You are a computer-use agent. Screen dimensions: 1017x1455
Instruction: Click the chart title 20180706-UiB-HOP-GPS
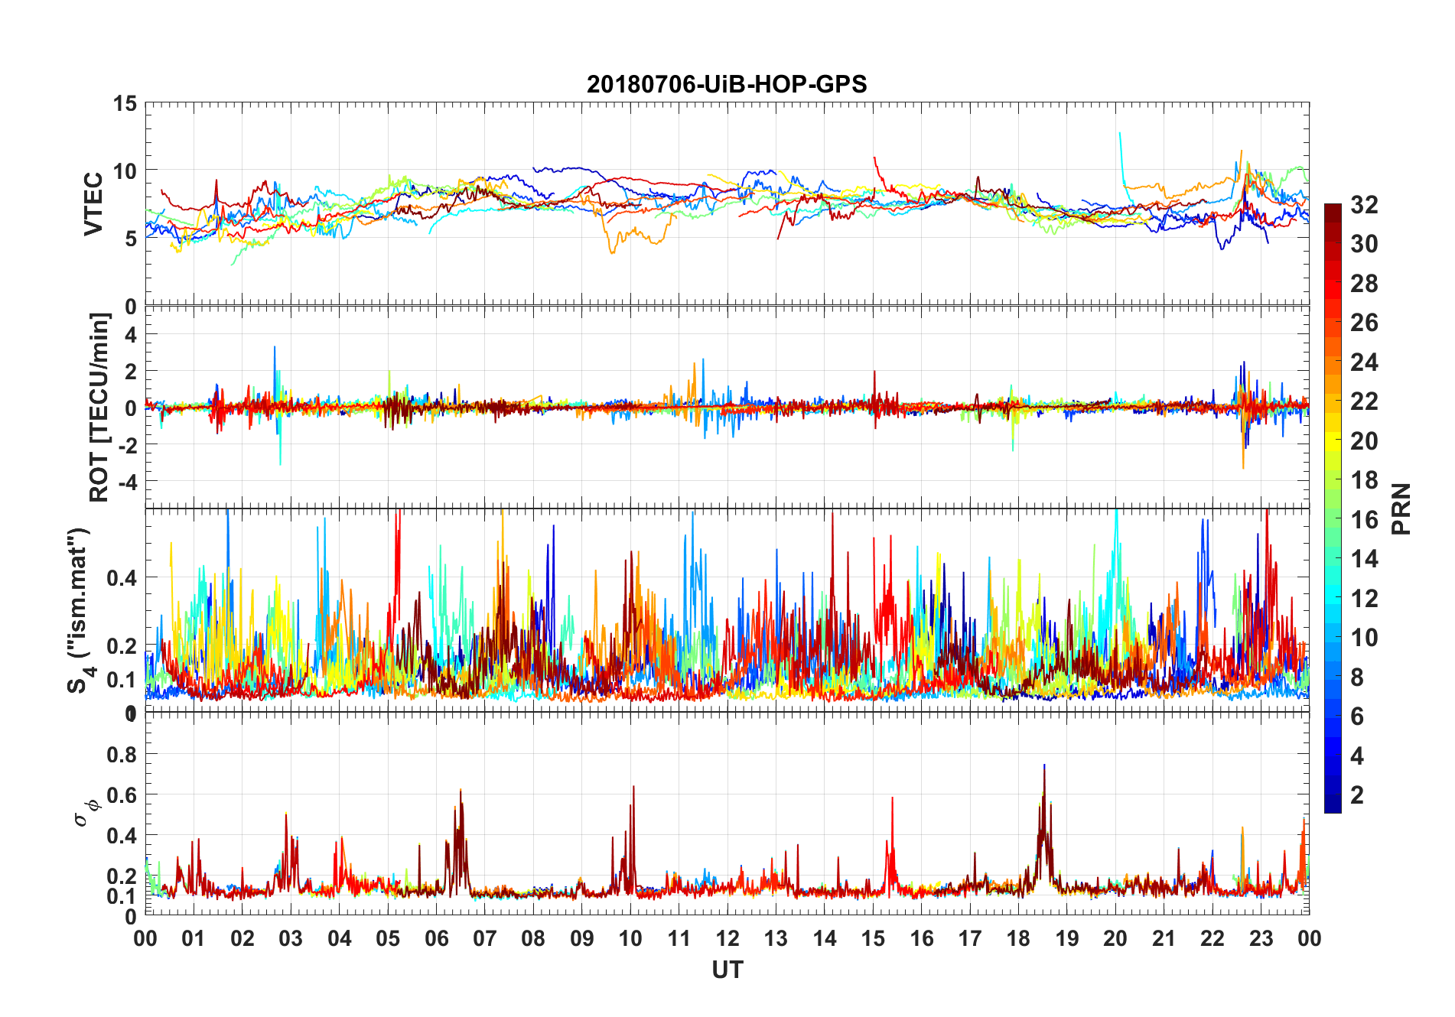pyautogui.click(x=727, y=84)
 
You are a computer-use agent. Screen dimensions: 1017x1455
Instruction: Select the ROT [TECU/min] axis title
pyautogui.click(x=99, y=407)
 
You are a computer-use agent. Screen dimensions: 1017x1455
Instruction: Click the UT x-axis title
pyautogui.click(x=727, y=970)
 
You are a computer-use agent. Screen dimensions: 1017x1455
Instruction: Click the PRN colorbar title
pyautogui.click(x=1400, y=508)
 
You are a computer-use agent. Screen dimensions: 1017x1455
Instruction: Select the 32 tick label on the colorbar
pyautogui.click(x=1364, y=204)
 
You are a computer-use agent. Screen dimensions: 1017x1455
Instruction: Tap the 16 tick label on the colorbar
pyautogui.click(x=1364, y=519)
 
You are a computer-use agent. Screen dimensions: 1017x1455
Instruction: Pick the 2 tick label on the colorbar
pyautogui.click(x=1357, y=794)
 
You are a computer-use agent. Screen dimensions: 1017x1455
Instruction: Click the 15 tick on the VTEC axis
pyautogui.click(x=125, y=103)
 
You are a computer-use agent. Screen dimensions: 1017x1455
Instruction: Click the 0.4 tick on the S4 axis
pyautogui.click(x=121, y=577)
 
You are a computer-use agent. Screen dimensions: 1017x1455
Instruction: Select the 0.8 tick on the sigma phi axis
pyautogui.click(x=121, y=754)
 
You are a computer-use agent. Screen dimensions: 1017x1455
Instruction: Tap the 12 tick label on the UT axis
pyautogui.click(x=727, y=938)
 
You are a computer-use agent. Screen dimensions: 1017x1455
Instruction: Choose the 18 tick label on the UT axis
pyautogui.click(x=1018, y=938)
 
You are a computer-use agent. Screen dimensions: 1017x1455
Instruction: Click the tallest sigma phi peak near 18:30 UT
pyautogui.click(x=1044, y=765)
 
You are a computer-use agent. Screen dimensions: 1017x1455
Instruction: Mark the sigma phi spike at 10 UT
pyautogui.click(x=633, y=787)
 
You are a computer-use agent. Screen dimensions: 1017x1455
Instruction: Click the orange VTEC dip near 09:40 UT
pyautogui.click(x=611, y=252)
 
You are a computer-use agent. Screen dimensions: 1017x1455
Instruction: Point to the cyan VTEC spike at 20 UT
pyautogui.click(x=1120, y=134)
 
